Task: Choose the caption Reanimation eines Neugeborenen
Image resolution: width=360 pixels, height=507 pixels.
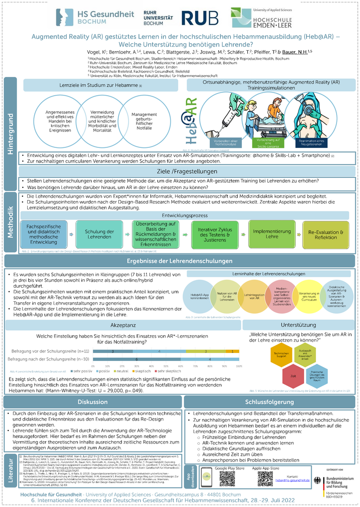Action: [x=310, y=142]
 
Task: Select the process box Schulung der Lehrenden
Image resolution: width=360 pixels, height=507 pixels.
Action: [x=99, y=234]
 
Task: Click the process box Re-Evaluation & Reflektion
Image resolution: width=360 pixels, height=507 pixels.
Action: [x=326, y=234]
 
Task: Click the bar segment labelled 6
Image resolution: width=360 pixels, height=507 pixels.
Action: [x=150, y=359]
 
